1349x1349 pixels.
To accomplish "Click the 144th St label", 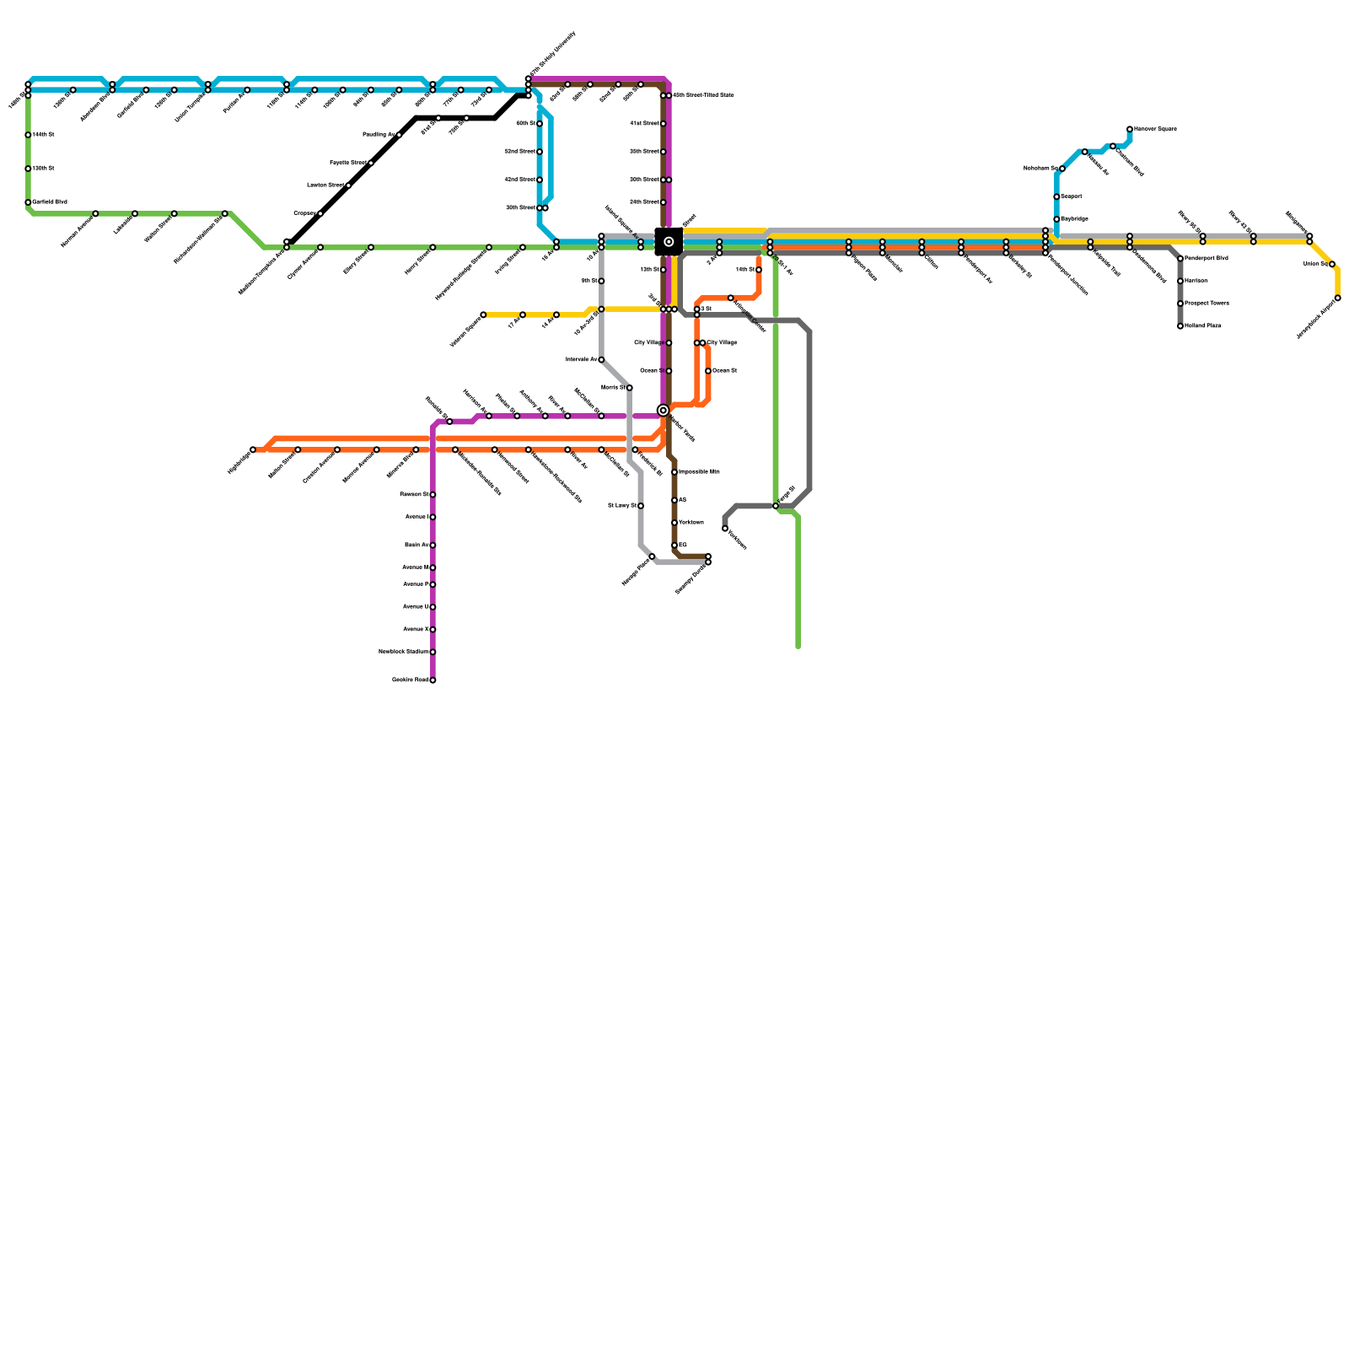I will (44, 135).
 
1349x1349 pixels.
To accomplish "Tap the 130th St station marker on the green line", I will (28, 169).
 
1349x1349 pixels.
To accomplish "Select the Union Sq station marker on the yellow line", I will (1332, 265).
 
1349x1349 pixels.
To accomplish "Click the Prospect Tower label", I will (1207, 304).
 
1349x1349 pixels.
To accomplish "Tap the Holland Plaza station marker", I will (1180, 326).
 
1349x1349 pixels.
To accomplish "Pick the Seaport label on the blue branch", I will (1072, 196).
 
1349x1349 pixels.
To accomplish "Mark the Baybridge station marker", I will (1056, 219).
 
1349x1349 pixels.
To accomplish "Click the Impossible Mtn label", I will (699, 472).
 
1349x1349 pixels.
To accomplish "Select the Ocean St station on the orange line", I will (708, 371).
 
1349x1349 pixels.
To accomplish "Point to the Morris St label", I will (613, 388).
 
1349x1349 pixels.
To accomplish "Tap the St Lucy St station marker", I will (641, 506).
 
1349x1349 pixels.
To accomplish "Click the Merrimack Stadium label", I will (404, 652).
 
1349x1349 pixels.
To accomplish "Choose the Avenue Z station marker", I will (433, 630).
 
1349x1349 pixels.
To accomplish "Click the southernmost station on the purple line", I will (433, 680).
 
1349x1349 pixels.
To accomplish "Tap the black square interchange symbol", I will (669, 242).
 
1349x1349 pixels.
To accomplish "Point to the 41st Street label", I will (645, 124).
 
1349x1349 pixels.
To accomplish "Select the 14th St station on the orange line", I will (759, 270).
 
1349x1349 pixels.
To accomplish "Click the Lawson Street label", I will (325, 185).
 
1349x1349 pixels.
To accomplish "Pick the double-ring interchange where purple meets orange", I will (664, 411).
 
